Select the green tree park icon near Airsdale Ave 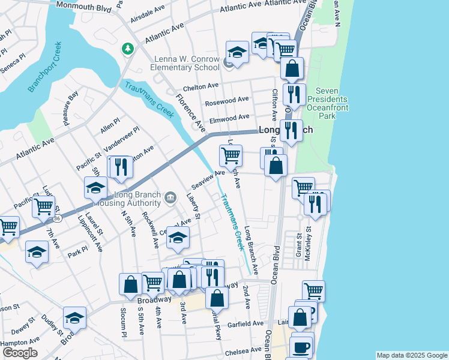coord(127,48)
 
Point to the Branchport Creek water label coord(44,67)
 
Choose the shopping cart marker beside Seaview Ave coord(231,156)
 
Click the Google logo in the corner coord(20,353)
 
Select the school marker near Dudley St coord(74,318)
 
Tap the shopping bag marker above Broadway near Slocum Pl coord(130,284)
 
